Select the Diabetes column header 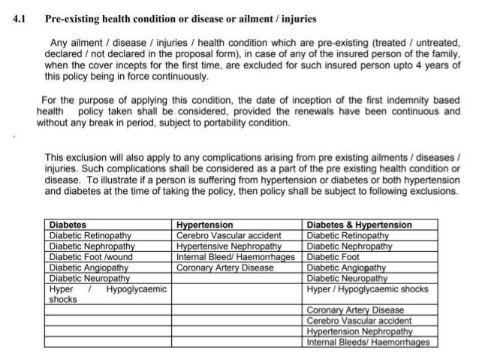coord(67,225)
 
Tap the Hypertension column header coord(203,225)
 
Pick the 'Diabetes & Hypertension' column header coord(360,225)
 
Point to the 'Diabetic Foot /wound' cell coord(85,256)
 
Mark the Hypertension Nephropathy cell coord(360,331)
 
